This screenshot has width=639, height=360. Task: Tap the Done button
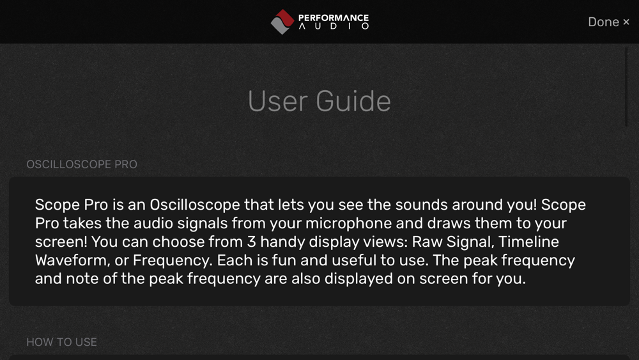(608, 22)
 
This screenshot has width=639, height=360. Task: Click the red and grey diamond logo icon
(282, 22)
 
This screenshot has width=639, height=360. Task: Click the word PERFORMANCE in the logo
(334, 18)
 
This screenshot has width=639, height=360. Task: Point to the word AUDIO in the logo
(334, 26)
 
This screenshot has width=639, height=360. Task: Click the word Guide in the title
(353, 101)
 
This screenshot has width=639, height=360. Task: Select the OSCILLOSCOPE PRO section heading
(82, 164)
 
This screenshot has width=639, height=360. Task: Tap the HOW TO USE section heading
(61, 342)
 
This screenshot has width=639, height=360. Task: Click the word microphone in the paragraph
(349, 224)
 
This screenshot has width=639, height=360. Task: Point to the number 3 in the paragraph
(251, 242)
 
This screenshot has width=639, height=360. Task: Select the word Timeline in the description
(528, 242)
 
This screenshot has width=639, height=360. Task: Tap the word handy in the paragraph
(282, 242)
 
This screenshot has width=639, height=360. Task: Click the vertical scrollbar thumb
(626, 87)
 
